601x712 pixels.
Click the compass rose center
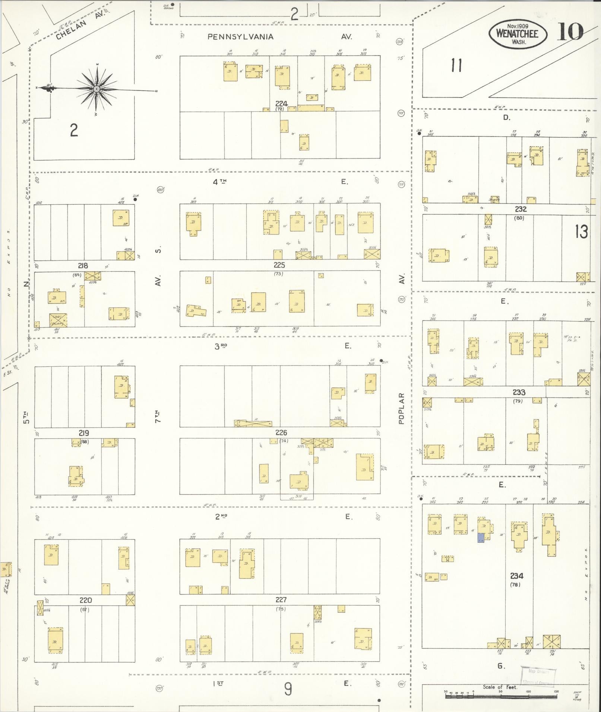tap(97, 89)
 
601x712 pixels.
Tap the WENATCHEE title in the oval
tap(518, 33)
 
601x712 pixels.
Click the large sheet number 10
tap(570, 32)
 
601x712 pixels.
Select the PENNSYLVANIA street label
tap(240, 36)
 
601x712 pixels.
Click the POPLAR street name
tap(401, 408)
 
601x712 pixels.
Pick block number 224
tap(282, 103)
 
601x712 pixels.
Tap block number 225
tap(279, 265)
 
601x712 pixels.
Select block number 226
tap(281, 432)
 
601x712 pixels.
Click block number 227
tap(281, 600)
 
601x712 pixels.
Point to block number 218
tap(83, 266)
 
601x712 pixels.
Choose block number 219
tap(83, 433)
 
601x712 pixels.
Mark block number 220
tap(86, 600)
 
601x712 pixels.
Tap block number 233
tap(519, 392)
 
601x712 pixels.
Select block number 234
tap(516, 576)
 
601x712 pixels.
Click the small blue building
tap(481, 537)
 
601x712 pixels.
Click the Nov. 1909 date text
tap(518, 25)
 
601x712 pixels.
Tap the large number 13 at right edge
tap(581, 232)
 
